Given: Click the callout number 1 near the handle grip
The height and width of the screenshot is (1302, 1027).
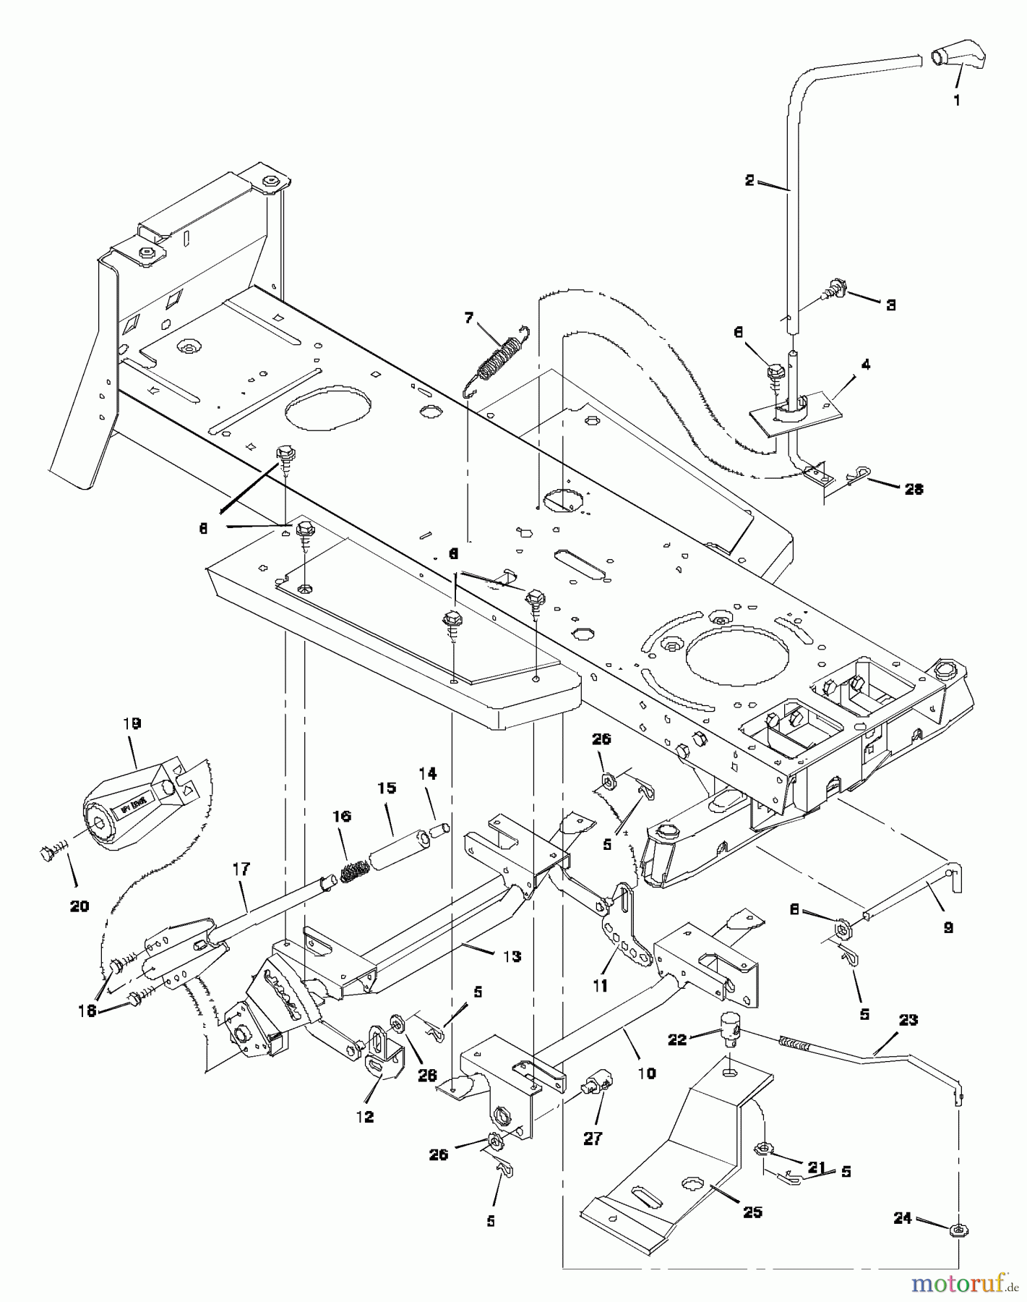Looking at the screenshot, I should point(956,101).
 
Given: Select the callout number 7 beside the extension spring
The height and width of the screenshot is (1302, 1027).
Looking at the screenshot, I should point(469,318).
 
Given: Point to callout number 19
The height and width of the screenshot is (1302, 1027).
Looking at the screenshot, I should point(132,723).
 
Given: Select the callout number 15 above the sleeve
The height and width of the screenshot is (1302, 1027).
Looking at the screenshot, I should point(387,788).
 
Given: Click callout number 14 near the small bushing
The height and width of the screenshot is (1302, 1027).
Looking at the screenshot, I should point(427,774).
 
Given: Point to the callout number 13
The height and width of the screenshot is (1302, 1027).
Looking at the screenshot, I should point(512,956).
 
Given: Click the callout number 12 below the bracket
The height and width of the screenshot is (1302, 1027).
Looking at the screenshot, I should point(365,1116).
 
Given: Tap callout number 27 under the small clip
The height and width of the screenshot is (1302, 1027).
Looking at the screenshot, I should point(593,1138).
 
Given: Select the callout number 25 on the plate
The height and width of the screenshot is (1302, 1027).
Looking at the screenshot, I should point(752,1212).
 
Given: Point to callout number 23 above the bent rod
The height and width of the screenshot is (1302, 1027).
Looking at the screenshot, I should point(908,1020).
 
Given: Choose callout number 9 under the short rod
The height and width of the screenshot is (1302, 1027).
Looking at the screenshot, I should point(947,927).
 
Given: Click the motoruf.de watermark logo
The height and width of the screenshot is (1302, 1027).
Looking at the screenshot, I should point(962,1284).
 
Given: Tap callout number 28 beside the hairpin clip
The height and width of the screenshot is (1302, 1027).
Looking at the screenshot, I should point(914,489).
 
